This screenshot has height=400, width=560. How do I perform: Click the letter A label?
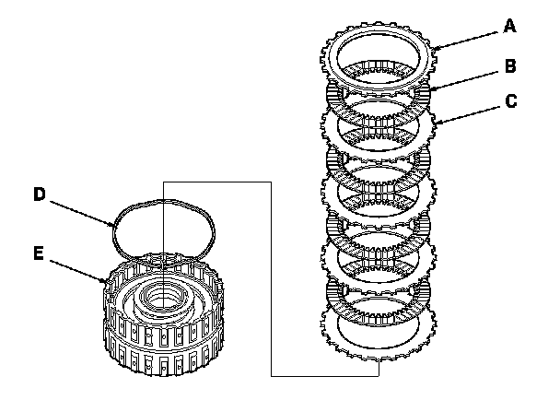point(509,28)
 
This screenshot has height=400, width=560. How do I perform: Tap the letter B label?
point(509,66)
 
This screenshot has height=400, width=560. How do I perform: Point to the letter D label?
point(40,194)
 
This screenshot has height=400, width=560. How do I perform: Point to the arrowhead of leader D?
point(115,225)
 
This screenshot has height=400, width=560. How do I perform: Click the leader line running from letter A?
point(470,37)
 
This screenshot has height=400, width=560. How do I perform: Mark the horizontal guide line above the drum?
point(216,182)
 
